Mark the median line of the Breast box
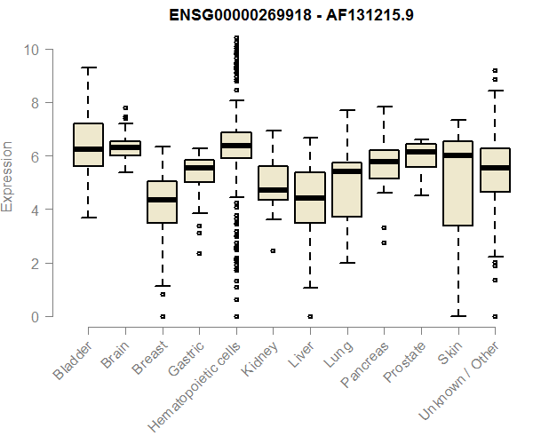(x=162, y=200)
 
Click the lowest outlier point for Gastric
(x=199, y=253)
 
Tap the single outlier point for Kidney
(x=273, y=250)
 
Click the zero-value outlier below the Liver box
(x=309, y=316)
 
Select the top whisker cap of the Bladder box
(x=89, y=67)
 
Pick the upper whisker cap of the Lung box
(x=346, y=111)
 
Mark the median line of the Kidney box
(x=273, y=190)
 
